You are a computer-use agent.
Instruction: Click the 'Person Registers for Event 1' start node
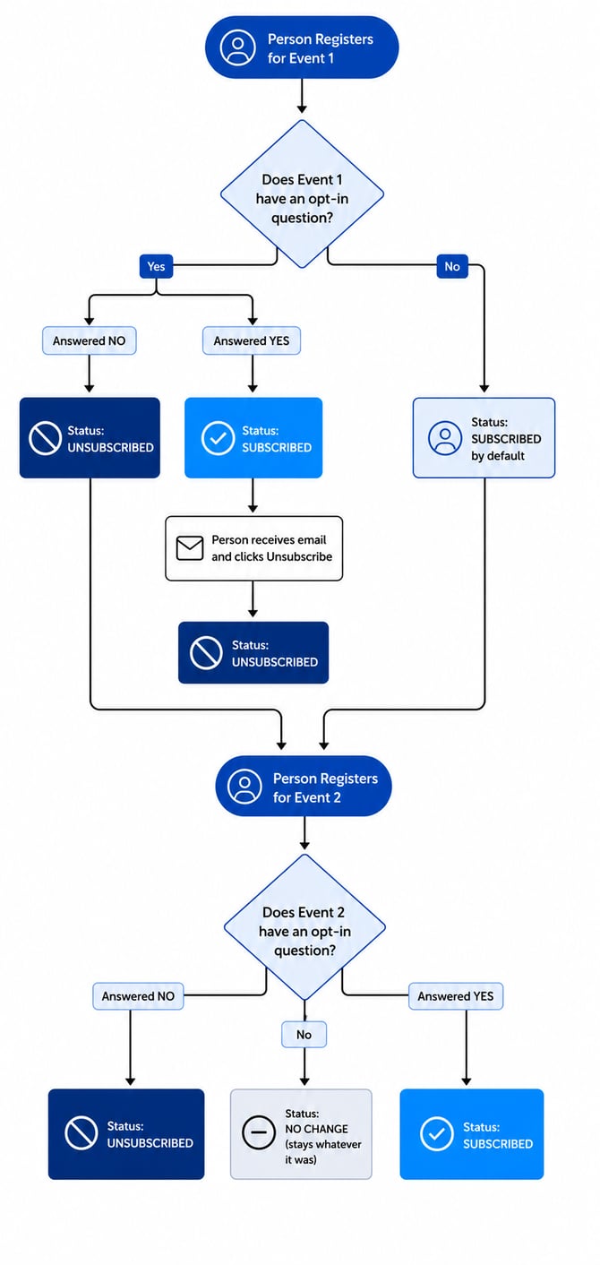point(302,47)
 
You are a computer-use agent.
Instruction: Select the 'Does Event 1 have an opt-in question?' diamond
point(302,194)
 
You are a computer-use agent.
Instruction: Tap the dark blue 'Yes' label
point(157,267)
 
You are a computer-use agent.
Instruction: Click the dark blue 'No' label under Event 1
point(452,267)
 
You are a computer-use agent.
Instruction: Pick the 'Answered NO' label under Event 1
point(90,340)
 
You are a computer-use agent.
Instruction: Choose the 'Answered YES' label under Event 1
point(251,340)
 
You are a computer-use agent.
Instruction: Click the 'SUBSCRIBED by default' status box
point(484,438)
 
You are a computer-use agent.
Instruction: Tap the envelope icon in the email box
point(190,547)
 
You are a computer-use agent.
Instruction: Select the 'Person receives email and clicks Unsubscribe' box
point(254,548)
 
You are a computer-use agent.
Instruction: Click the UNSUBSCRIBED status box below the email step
point(253,653)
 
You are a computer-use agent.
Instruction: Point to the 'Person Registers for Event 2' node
point(303,786)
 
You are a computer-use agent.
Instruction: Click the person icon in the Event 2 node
point(244,786)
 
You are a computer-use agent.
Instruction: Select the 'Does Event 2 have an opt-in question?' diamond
point(304,927)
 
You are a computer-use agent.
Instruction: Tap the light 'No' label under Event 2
point(304,1035)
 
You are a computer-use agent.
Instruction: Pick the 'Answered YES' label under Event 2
point(456,996)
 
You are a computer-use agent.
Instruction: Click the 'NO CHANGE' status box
point(301,1134)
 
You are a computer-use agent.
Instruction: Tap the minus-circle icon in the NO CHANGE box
point(259,1132)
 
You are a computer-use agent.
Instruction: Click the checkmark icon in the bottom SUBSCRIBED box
point(437,1133)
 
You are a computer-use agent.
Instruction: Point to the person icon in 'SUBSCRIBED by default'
point(445,438)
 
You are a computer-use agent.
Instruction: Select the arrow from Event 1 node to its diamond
point(302,96)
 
